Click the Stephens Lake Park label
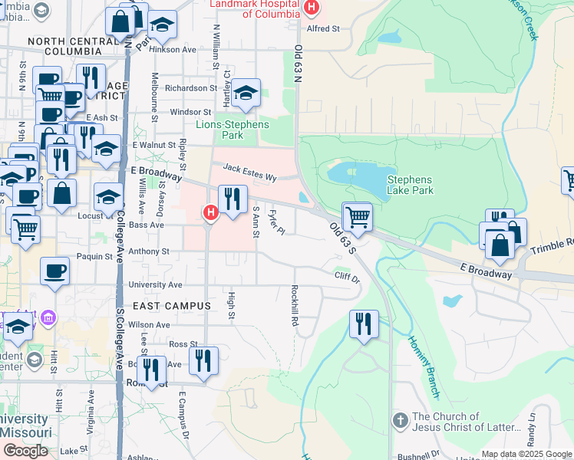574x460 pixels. pos(410,185)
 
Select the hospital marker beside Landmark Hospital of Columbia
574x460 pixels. pos(311,8)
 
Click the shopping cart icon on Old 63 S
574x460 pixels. pos(357,216)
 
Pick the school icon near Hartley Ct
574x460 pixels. pos(245,94)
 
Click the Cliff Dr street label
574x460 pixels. pos(346,276)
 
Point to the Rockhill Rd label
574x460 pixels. pos(295,306)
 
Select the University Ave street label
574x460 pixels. pos(155,284)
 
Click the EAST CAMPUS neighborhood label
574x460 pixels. pos(172,306)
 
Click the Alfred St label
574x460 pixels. pos(323,29)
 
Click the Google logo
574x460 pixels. pos(25,450)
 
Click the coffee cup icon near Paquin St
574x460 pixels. pos(54,271)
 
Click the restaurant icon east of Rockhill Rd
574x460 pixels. pos(363,324)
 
